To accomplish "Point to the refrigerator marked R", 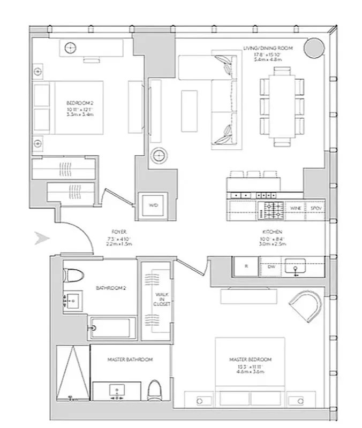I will click(x=245, y=266).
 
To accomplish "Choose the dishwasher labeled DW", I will click(x=271, y=266).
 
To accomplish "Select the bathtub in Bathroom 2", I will click(x=110, y=327).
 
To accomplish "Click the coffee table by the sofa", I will click(x=189, y=110).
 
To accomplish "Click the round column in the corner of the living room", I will click(x=314, y=49).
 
